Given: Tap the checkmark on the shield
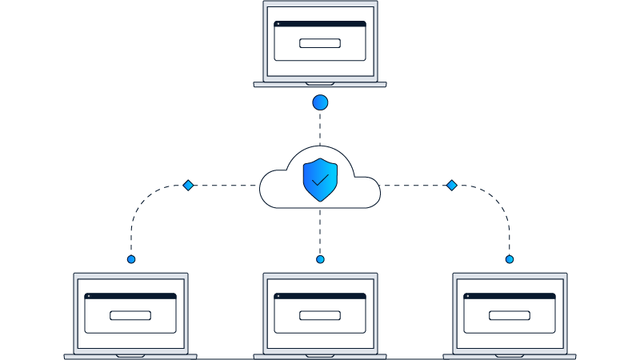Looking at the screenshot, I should pyautogui.click(x=320, y=181).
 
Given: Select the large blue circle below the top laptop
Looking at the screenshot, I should pyautogui.click(x=320, y=102).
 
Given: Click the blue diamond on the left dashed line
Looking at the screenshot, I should pyautogui.click(x=188, y=186).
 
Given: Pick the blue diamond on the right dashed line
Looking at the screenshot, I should pyautogui.click(x=451, y=186).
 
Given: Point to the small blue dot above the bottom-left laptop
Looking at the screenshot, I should pyautogui.click(x=131, y=259).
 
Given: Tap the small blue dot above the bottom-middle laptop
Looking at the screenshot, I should pyautogui.click(x=320, y=259).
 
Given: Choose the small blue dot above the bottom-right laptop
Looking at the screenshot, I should pyautogui.click(x=510, y=259).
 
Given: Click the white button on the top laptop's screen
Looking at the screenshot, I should pyautogui.click(x=320, y=43).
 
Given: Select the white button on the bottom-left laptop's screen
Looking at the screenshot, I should pyautogui.click(x=130, y=314).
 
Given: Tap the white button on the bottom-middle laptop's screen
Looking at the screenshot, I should pyautogui.click(x=320, y=314).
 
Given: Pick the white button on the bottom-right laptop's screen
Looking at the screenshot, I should pyautogui.click(x=510, y=314).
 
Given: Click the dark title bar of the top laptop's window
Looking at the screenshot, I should pyautogui.click(x=320, y=24).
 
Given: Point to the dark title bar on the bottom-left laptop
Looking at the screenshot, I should pyautogui.click(x=130, y=296).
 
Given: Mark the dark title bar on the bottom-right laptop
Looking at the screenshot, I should pyautogui.click(x=510, y=296).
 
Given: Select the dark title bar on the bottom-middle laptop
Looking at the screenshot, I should pyautogui.click(x=320, y=296).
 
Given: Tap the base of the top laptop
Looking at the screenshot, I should pyautogui.click(x=320, y=84).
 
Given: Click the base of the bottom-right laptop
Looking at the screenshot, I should pyautogui.click(x=510, y=356).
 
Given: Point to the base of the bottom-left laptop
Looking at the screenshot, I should pyautogui.click(x=130, y=356).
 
